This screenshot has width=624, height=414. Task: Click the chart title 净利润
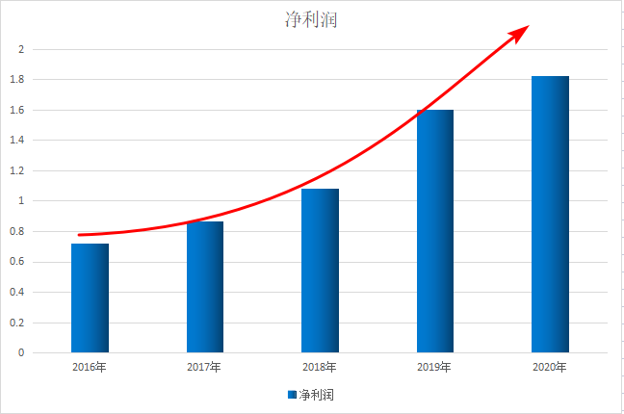(x=311, y=19)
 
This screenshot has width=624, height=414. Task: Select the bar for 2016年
(x=90, y=298)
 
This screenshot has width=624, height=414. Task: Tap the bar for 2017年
(x=205, y=287)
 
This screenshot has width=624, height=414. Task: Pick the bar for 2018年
(x=320, y=271)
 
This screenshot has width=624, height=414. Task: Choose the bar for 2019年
(x=435, y=231)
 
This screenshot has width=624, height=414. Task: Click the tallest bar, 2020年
(x=550, y=214)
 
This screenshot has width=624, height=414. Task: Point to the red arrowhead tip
(x=528, y=26)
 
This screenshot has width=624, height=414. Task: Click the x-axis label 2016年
(x=90, y=367)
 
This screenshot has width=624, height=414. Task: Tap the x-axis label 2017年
(x=204, y=367)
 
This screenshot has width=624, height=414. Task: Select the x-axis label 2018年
(x=320, y=367)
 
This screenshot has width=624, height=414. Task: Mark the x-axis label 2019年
(x=434, y=367)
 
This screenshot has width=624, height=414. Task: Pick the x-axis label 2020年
(x=550, y=367)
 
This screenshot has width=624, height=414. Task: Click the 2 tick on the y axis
(x=22, y=49)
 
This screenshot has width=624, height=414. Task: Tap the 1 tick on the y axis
(x=22, y=201)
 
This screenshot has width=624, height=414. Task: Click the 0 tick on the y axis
(x=22, y=352)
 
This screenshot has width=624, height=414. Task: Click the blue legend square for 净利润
(x=292, y=395)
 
